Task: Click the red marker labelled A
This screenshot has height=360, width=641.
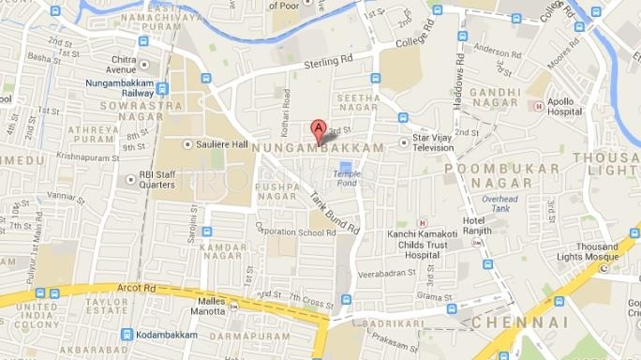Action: coord(318,130)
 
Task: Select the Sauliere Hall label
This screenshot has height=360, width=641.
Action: coord(222,144)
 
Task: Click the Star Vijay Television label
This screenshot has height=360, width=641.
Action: coord(434,143)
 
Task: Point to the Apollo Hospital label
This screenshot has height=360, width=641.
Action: coord(565,105)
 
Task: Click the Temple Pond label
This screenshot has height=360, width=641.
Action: coord(346,178)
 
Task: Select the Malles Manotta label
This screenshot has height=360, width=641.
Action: coord(208,306)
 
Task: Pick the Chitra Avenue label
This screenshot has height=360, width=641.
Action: coord(134,64)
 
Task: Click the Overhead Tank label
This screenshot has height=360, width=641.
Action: coord(499,204)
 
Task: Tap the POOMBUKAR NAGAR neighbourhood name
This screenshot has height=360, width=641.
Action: coord(502,175)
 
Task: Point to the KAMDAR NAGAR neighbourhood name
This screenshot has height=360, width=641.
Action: coord(221,251)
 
